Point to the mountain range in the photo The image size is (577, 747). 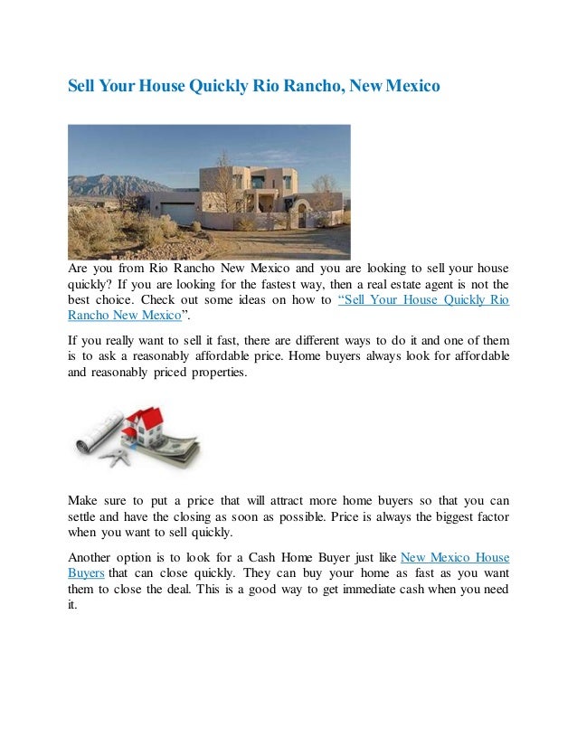click(109, 185)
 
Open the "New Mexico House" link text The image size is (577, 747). click(454, 557)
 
